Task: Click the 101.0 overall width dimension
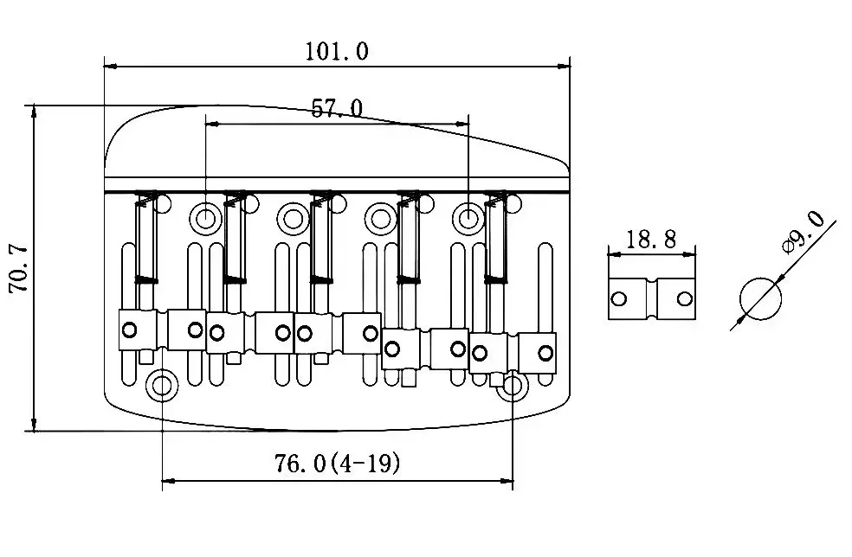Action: (x=337, y=51)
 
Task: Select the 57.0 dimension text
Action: (x=337, y=108)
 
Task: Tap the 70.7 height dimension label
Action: (x=19, y=269)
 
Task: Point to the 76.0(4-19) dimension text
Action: (x=338, y=464)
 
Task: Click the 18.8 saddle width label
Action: (x=651, y=240)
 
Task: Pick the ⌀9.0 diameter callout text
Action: (x=803, y=232)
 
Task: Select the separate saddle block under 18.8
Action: (x=652, y=299)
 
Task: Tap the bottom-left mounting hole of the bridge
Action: (x=162, y=385)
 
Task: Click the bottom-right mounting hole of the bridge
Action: (x=513, y=386)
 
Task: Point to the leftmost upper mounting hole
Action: (x=206, y=216)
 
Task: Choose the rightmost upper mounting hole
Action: (x=468, y=216)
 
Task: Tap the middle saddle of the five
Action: (x=337, y=332)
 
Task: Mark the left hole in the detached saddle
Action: (x=619, y=299)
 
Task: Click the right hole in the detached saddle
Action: (x=684, y=299)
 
